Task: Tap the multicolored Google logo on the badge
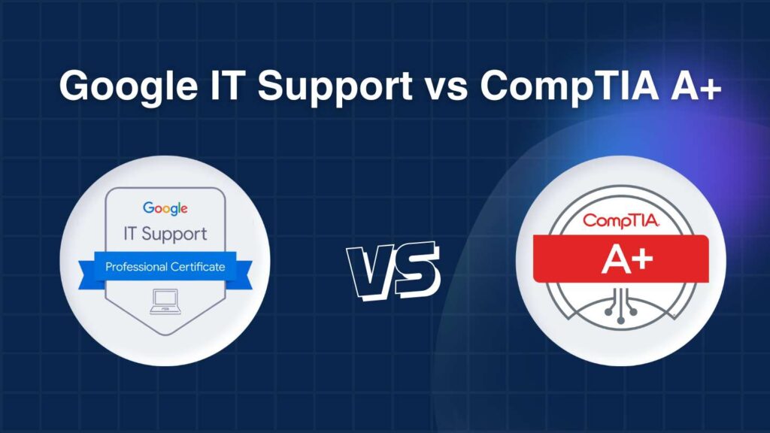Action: (165, 209)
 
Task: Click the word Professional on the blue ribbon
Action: (136, 267)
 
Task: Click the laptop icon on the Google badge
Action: (165, 301)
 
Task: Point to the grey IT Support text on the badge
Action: (165, 235)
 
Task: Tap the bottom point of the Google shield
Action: (166, 335)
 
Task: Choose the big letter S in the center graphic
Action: (415, 269)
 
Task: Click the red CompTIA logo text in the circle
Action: (620, 220)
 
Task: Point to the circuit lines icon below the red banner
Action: (620, 305)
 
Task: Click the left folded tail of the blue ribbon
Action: (89, 274)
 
